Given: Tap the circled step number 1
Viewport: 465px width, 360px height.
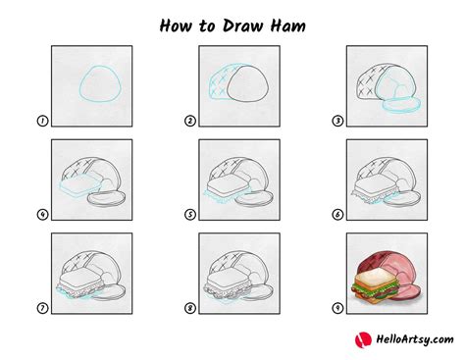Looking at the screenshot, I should coord(42,122).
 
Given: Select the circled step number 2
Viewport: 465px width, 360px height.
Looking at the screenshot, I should coord(189,122).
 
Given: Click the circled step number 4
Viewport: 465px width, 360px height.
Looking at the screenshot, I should coord(42,215).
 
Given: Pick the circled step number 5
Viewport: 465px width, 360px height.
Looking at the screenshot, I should coord(189,215).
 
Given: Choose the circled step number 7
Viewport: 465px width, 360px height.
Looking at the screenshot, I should coord(42,308).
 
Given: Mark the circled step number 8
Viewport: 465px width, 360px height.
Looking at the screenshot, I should coord(189,308).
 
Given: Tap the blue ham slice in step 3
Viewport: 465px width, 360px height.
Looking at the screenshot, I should coord(399,101).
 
